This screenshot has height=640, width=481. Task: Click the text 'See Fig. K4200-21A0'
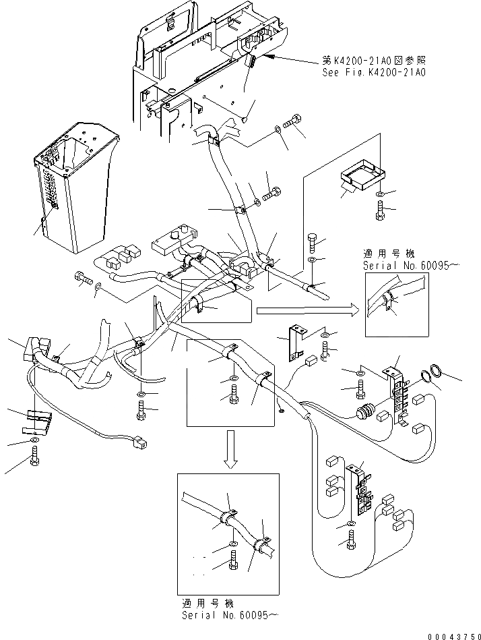point(374,73)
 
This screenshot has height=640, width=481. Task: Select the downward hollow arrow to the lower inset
point(231,449)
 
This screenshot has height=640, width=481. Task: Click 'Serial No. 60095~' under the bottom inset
point(231,615)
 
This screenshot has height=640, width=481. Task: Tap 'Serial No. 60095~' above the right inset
point(405,266)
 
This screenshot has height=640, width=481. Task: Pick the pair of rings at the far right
point(432,373)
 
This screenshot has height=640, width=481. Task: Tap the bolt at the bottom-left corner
point(34,457)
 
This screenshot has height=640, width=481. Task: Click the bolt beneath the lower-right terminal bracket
point(350,540)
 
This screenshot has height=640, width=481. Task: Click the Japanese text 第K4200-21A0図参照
point(374,61)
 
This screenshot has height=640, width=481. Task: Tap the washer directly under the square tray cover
point(380,194)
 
